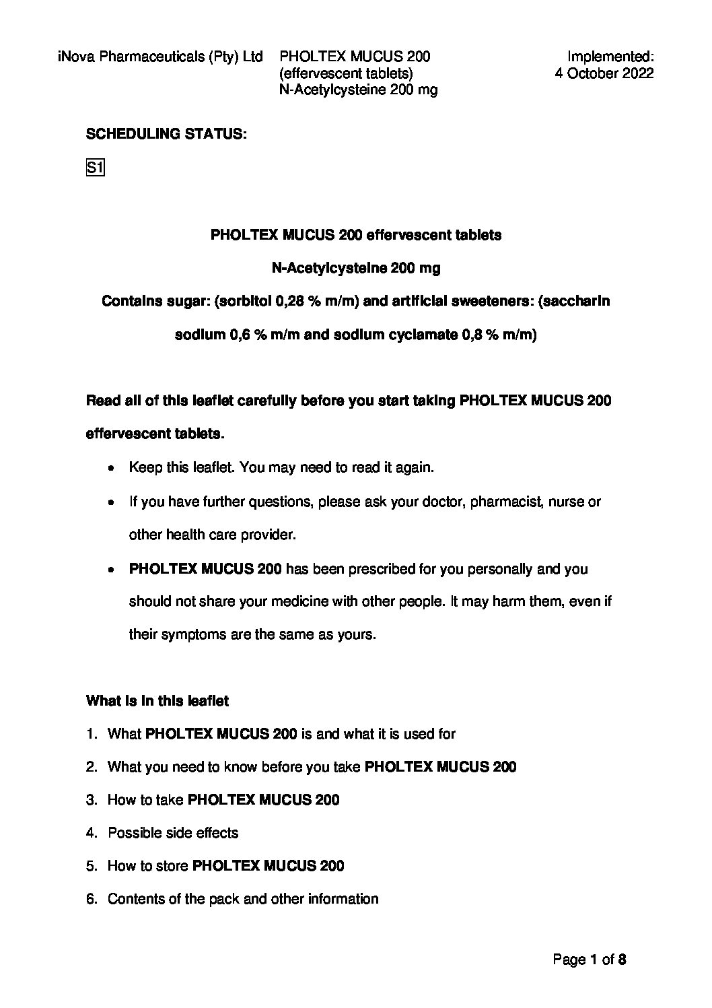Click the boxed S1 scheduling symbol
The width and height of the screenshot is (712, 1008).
tap(95, 168)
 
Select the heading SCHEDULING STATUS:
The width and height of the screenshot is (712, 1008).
tap(166, 135)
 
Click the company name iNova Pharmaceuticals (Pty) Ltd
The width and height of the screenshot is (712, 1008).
tap(160, 57)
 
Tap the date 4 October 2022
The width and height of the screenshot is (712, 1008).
tap(604, 73)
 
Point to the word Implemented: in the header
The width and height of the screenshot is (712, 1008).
tap(610, 57)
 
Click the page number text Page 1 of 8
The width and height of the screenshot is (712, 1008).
tap(590, 960)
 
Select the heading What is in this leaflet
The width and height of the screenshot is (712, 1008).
tap(157, 701)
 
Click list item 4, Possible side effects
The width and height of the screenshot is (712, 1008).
tap(173, 834)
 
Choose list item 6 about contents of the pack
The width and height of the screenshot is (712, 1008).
tap(243, 900)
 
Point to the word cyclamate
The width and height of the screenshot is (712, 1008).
tap(425, 335)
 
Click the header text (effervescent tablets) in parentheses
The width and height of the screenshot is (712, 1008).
tap(345, 73)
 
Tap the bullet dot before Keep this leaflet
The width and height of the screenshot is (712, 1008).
tap(111, 468)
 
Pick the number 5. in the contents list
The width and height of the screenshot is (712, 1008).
tap(92, 867)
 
